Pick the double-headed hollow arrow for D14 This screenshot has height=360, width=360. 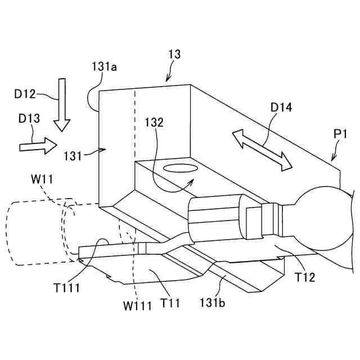[263, 148]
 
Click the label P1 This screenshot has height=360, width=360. [339, 135]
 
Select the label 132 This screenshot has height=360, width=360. [155, 122]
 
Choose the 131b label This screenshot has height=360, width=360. [211, 303]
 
